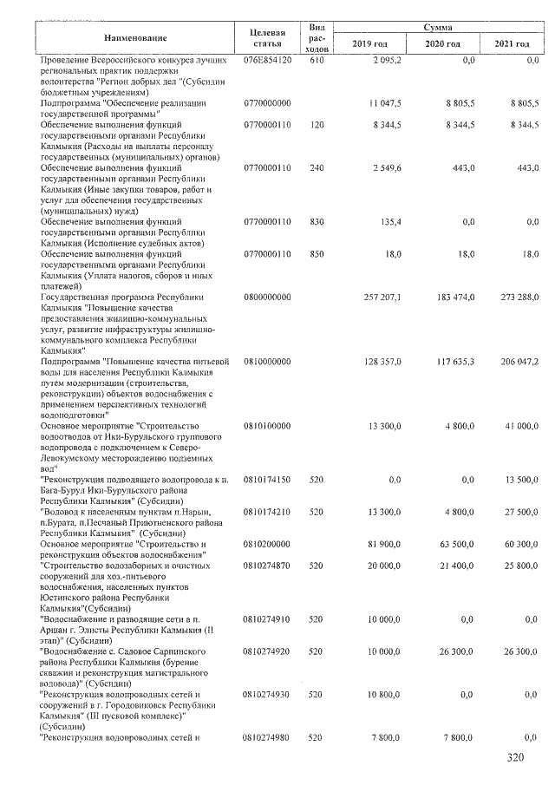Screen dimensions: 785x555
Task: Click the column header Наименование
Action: coord(135,38)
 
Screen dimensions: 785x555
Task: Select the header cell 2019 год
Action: coord(370,43)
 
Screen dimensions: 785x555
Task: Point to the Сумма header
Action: coord(438,28)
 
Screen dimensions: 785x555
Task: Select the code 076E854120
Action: coord(266,60)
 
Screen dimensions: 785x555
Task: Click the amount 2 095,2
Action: coord(385,60)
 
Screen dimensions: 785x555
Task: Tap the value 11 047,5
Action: coord(383,103)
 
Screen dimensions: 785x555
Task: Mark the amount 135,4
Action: coord(388,222)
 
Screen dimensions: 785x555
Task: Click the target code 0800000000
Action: coord(266,298)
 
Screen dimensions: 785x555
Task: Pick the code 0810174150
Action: coord(266,479)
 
